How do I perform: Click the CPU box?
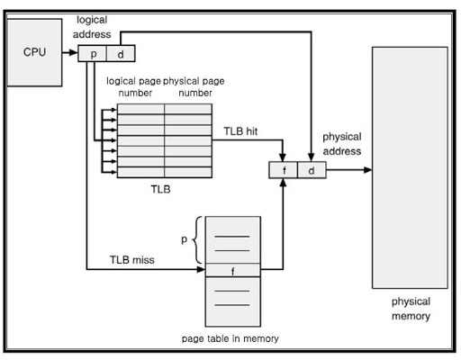point(34,52)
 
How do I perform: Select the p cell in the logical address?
point(92,54)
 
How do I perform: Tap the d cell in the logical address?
point(121,54)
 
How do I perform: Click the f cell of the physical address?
point(284,170)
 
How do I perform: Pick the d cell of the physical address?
point(312,170)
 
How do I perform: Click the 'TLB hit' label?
point(240,131)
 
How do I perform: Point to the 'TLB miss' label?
point(132,259)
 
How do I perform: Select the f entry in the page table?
point(232,270)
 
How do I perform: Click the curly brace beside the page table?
point(196,240)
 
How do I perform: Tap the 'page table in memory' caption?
point(230,338)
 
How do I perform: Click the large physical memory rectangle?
point(410,167)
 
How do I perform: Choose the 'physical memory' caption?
point(411,309)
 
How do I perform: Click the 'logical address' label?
point(92,27)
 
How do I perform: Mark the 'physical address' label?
point(342,144)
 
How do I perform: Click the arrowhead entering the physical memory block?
point(368,170)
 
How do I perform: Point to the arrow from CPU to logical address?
point(70,52)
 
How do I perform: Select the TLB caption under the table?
point(160,189)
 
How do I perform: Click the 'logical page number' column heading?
point(134,86)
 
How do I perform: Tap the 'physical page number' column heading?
point(194,86)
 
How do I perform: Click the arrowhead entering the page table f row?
point(202,269)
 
